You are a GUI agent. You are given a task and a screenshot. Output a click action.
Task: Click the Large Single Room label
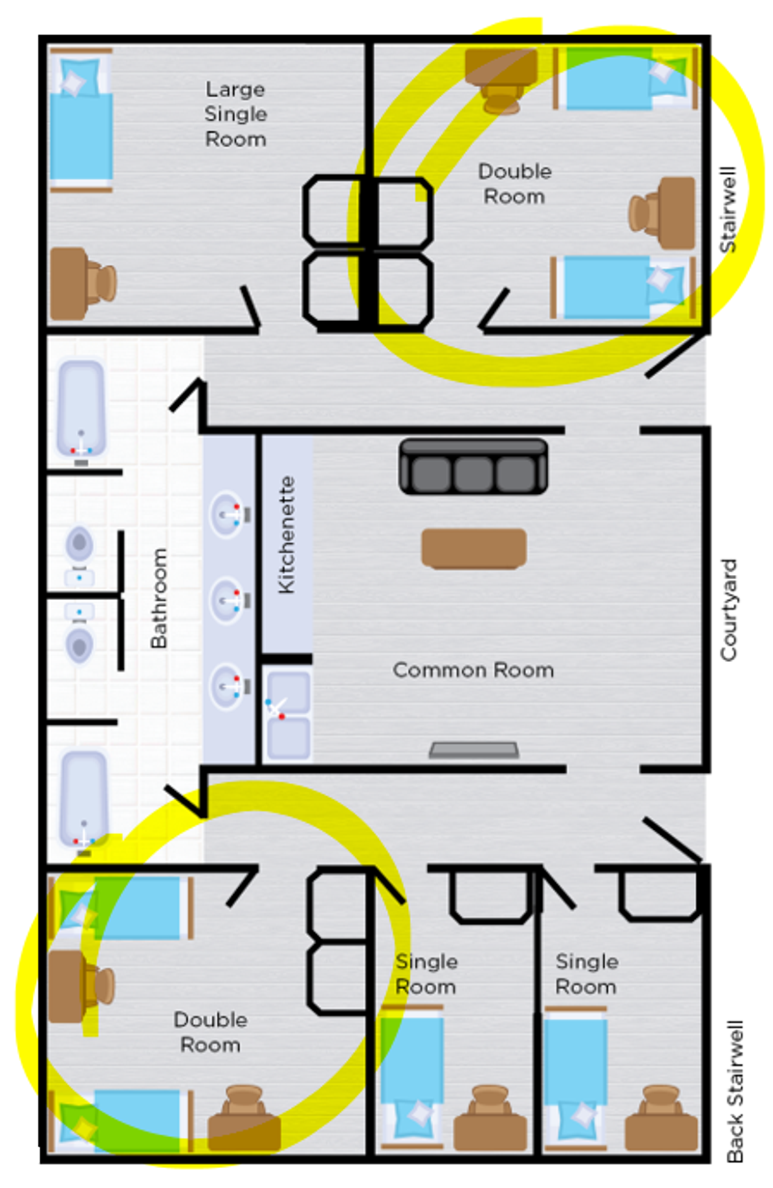(235, 114)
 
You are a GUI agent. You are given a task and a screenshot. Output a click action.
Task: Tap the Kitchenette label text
(286, 535)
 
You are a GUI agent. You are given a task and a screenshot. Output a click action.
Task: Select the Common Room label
(473, 670)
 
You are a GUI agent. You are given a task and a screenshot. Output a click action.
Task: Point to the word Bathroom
(159, 598)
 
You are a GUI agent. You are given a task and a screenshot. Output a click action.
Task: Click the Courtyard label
(729, 610)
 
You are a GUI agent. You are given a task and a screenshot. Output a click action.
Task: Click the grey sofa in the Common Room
(473, 467)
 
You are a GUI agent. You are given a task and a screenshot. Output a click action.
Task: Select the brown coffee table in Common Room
(474, 548)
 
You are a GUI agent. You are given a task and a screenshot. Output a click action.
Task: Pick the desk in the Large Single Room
(69, 284)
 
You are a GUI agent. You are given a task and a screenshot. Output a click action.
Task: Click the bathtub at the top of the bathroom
(81, 408)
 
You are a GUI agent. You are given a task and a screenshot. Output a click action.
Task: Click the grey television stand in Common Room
(474, 750)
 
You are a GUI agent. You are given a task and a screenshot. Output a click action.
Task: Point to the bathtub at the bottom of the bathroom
(84, 798)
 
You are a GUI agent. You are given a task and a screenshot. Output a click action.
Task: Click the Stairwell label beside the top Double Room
(728, 210)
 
